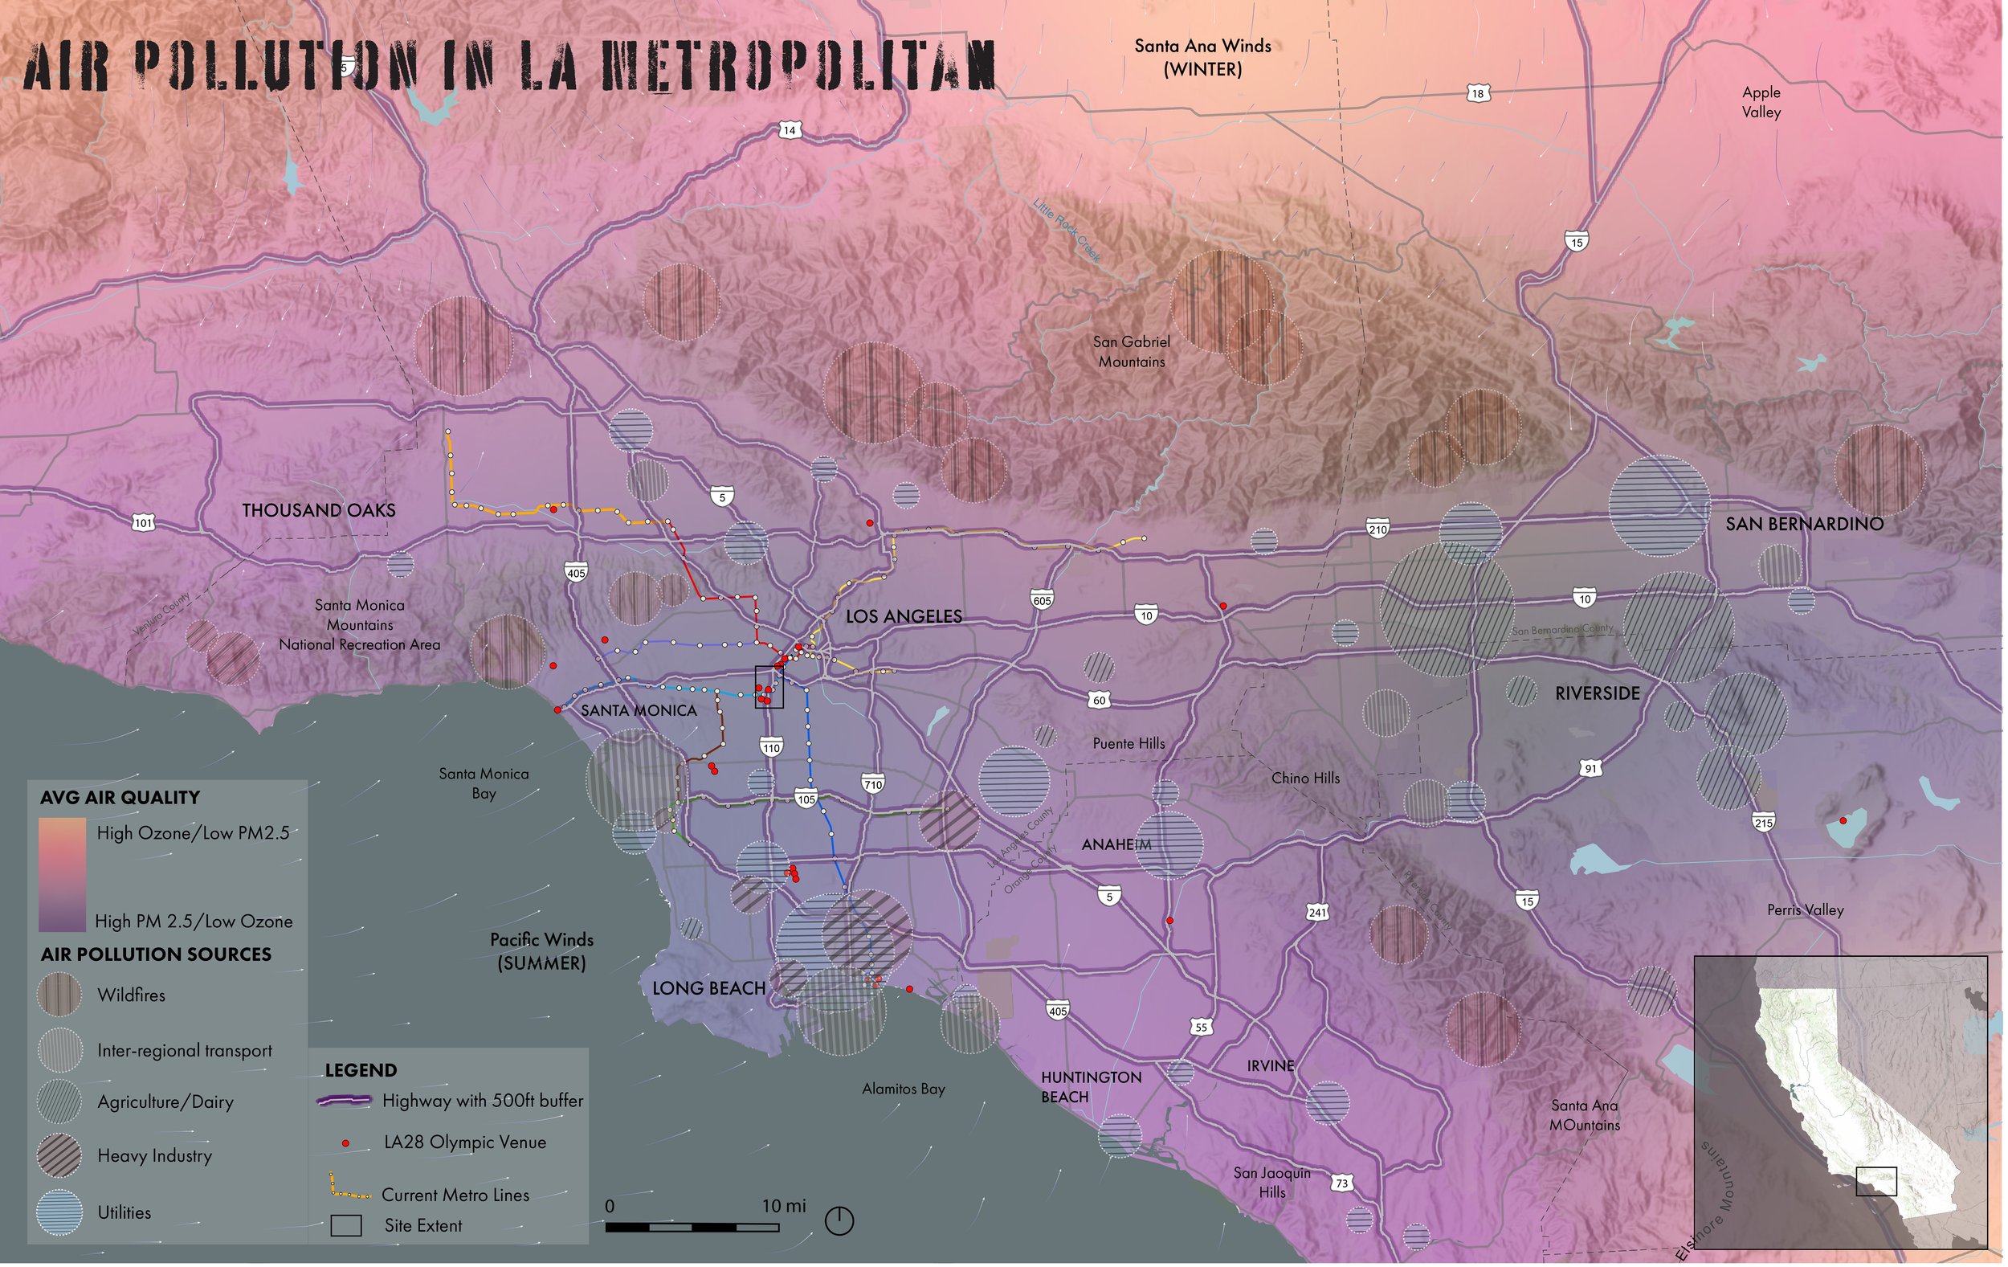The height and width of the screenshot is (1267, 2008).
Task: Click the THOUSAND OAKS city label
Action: pos(319,510)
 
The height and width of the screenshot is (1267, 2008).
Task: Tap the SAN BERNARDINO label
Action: pos(1804,524)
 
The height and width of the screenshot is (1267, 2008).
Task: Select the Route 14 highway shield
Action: pos(789,130)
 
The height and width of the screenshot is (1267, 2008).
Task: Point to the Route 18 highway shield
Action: pos(1478,93)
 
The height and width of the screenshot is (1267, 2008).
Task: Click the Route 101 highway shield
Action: pos(144,523)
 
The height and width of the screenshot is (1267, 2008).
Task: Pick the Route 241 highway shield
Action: pos(1316,913)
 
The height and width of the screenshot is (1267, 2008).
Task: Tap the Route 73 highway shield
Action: pos(1341,1183)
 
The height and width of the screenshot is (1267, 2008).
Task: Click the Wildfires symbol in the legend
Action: pos(60,995)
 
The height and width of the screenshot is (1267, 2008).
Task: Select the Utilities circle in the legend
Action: pos(60,1212)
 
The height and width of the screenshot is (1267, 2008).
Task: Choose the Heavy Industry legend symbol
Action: pos(60,1155)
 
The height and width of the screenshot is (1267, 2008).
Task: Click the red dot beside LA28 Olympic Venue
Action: pos(345,1143)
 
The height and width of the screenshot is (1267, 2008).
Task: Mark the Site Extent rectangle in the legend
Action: pos(346,1225)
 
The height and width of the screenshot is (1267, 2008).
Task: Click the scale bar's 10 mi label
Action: pos(783,1205)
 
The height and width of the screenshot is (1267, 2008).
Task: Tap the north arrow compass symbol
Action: pos(839,1221)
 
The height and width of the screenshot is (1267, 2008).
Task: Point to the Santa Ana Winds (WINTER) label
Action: pos(1202,58)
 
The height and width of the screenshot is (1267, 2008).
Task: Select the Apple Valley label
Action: pos(1761,102)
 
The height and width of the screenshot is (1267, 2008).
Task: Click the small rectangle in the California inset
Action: pos(1876,1181)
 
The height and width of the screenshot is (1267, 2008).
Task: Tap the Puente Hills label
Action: pos(1128,743)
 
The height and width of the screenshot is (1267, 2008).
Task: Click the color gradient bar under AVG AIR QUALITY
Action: pos(63,874)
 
